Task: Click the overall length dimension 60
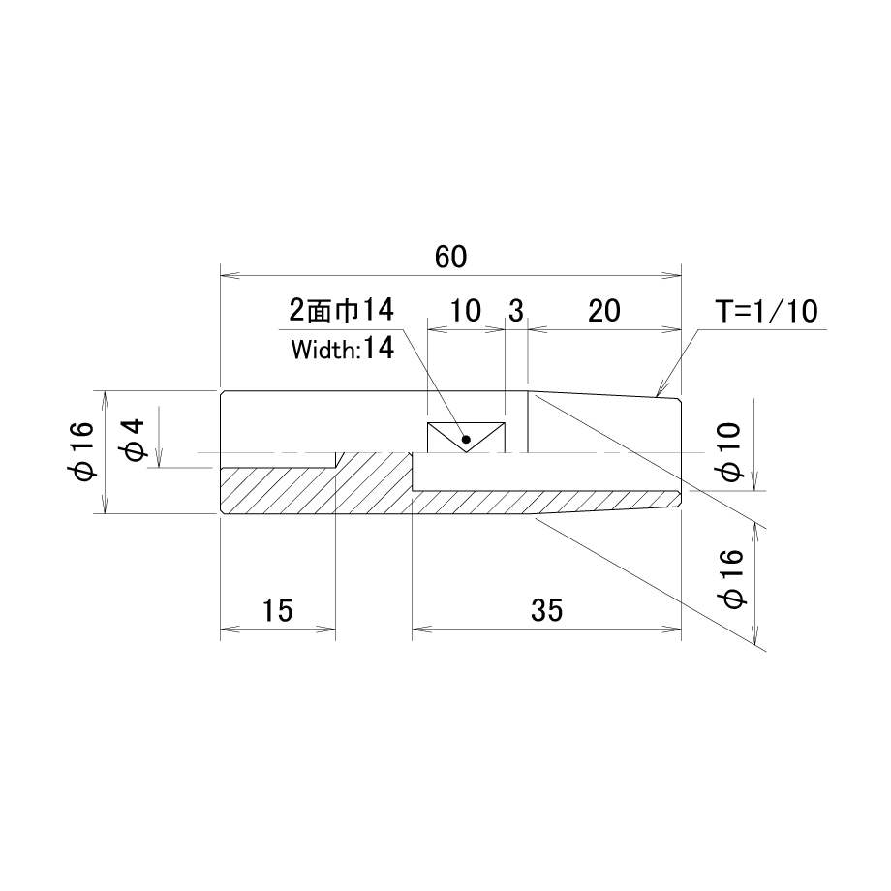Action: (x=450, y=257)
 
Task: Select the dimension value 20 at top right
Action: (x=604, y=311)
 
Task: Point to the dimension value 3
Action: (x=516, y=311)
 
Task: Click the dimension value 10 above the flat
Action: (x=466, y=311)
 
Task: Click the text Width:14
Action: (x=342, y=349)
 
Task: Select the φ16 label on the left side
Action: (x=83, y=452)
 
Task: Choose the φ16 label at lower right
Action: (x=731, y=579)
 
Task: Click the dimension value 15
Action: (x=277, y=610)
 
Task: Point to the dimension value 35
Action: (x=546, y=610)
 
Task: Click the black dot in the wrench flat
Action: (x=466, y=439)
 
